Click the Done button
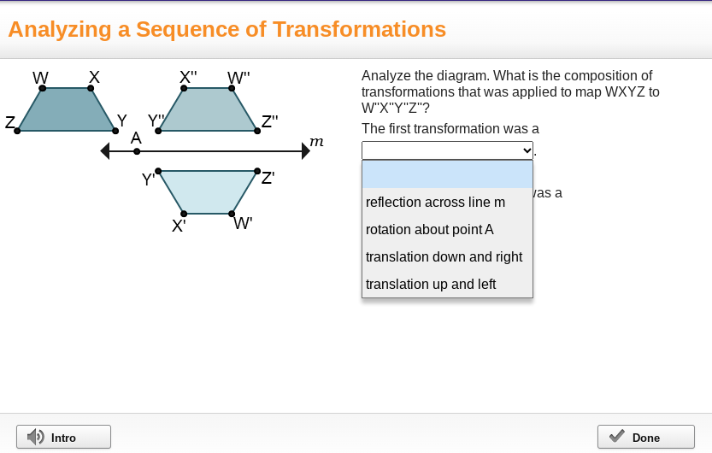(x=645, y=437)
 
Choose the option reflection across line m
(x=435, y=203)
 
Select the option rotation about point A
(x=429, y=230)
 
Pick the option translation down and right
(x=444, y=257)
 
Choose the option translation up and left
(x=430, y=285)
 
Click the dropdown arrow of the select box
(x=527, y=150)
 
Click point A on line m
(x=137, y=151)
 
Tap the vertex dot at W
(x=43, y=88)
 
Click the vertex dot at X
(x=91, y=88)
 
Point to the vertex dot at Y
(x=115, y=131)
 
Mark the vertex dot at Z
(x=18, y=131)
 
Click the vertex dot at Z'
(x=257, y=171)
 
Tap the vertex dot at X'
(x=184, y=214)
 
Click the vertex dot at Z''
(x=256, y=131)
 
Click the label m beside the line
(x=316, y=141)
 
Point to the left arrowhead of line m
(x=105, y=151)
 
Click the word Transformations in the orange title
(x=359, y=30)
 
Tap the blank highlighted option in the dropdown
(x=447, y=174)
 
